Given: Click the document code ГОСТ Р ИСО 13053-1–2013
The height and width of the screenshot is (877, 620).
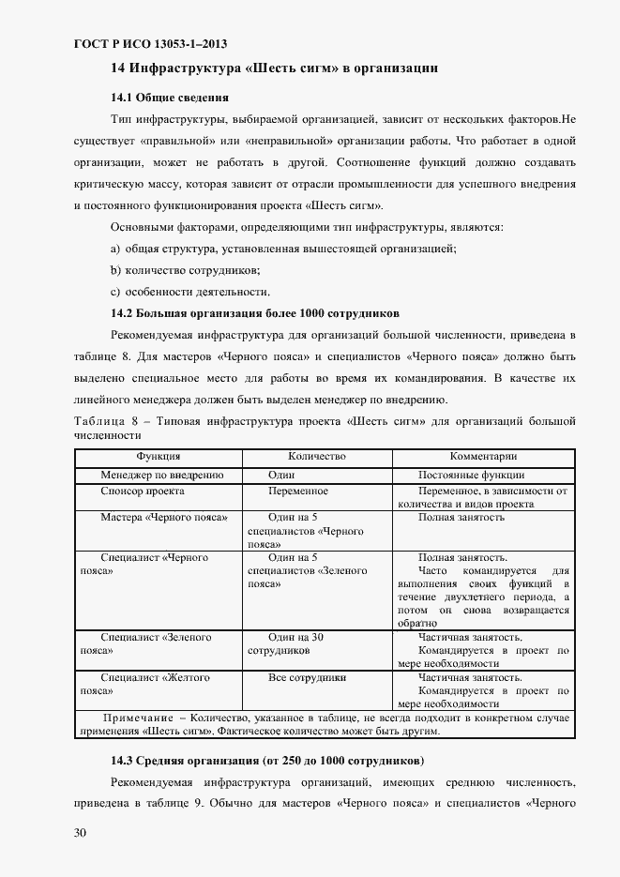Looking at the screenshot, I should [149, 43].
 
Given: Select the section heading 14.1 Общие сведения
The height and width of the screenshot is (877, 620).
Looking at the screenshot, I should [170, 97].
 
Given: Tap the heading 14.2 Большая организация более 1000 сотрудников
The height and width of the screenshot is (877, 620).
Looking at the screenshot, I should [256, 312].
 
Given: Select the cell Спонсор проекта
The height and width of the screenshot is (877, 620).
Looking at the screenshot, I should [142, 491].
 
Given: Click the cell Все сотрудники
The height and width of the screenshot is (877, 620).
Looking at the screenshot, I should [307, 677].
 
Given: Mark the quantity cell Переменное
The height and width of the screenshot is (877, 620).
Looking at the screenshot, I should [297, 491].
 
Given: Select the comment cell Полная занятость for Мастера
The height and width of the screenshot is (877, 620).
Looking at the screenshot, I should [461, 518].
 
